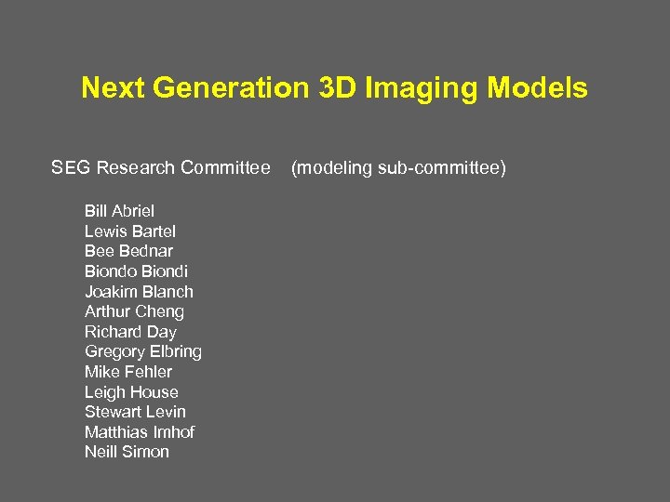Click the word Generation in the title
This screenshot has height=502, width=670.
click(x=229, y=88)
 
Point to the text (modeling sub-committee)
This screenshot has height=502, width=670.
click(x=398, y=168)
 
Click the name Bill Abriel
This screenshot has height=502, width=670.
click(x=119, y=211)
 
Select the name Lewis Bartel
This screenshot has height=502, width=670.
click(x=130, y=231)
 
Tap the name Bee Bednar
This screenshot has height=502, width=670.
click(x=128, y=251)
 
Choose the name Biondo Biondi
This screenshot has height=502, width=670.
click(x=136, y=271)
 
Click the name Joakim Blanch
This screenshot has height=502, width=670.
click(x=139, y=292)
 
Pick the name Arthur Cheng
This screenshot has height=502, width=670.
click(x=134, y=311)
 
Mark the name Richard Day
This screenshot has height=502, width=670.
click(x=130, y=332)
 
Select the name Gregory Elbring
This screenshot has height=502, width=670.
click(x=143, y=351)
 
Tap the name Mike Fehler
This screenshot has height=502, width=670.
click(x=128, y=372)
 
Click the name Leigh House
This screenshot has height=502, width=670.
click(x=131, y=392)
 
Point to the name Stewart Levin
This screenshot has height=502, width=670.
click(x=135, y=412)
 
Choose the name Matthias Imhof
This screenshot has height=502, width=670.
click(x=140, y=432)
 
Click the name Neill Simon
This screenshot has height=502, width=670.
click(x=127, y=452)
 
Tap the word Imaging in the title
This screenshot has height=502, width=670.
click(x=412, y=88)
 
